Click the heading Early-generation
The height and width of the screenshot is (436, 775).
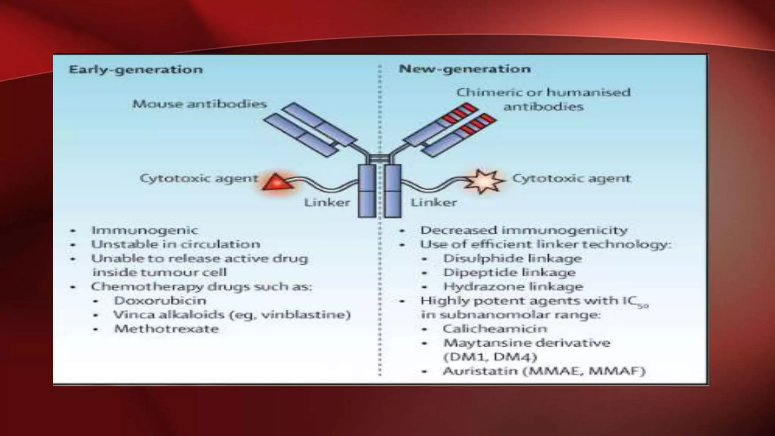click(x=136, y=70)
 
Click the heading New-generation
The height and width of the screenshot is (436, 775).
click(x=465, y=69)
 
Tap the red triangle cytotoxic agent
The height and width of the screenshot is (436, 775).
click(x=277, y=182)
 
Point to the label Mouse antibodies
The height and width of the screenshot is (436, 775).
click(x=199, y=104)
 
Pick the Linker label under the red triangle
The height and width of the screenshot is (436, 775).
click(x=327, y=202)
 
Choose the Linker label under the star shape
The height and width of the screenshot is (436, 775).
click(x=434, y=202)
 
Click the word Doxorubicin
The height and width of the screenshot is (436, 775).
click(x=160, y=301)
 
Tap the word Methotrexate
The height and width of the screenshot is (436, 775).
click(x=167, y=329)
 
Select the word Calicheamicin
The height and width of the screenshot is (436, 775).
click(x=495, y=329)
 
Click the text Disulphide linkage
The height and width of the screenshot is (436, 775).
click(x=512, y=258)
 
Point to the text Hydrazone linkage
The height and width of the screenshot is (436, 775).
click(x=513, y=287)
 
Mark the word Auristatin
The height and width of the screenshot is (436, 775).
click(x=479, y=371)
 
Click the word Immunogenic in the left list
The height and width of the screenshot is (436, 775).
click(x=145, y=230)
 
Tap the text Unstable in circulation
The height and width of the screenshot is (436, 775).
click(x=176, y=244)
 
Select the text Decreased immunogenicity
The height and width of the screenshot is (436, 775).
click(x=524, y=230)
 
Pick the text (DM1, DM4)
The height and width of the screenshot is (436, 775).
click(x=490, y=357)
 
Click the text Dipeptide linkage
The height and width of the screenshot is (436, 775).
click(x=509, y=272)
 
